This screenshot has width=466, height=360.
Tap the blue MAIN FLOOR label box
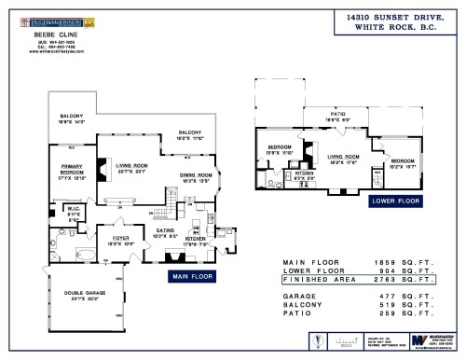point(191,276)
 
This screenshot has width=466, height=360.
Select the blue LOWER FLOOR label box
point(394,200)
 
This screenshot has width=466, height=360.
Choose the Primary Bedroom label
point(71,174)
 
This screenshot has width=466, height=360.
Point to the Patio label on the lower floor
point(330,116)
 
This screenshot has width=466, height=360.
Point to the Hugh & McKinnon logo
point(47,17)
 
